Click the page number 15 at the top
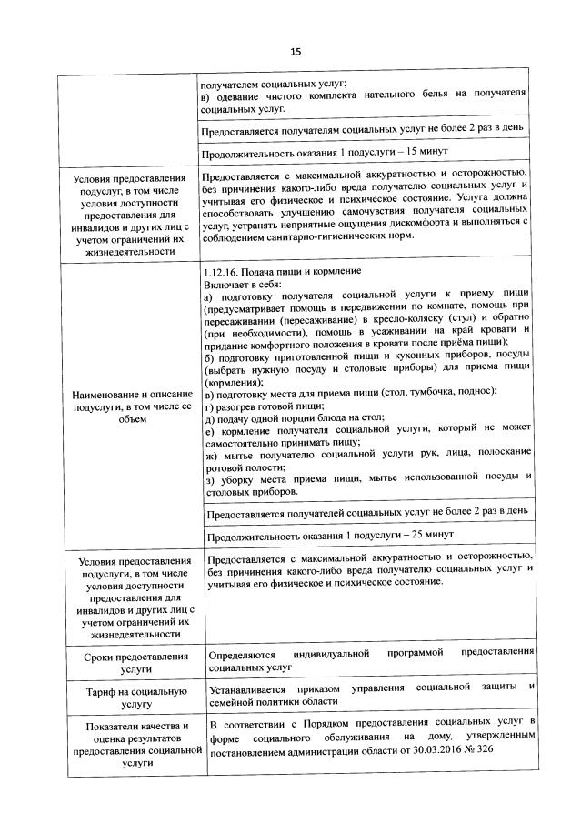tap(295, 51)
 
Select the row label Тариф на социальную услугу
tap(135, 698)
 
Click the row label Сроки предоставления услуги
tap(135, 661)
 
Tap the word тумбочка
tap(424, 390)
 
